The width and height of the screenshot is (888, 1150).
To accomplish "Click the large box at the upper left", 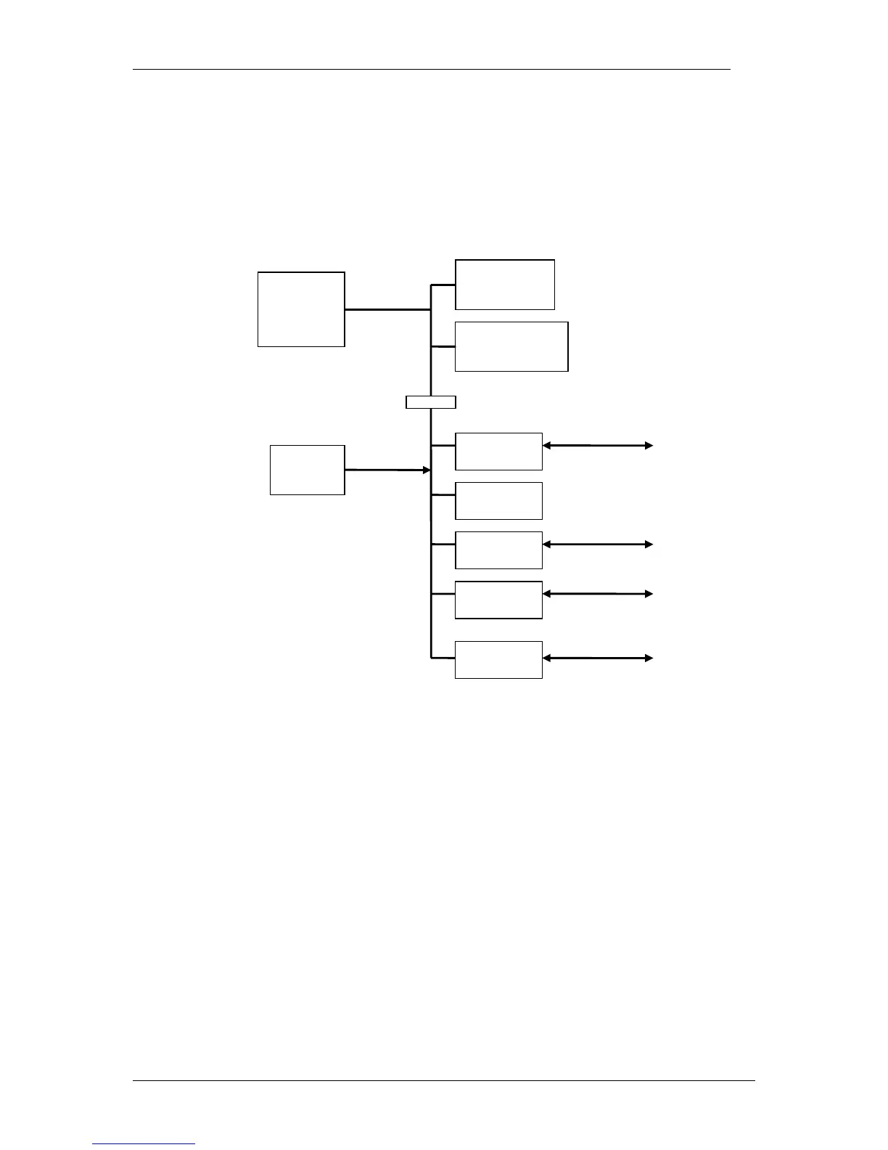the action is click(x=301, y=309).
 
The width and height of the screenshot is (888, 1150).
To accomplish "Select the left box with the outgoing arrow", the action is click(x=307, y=470).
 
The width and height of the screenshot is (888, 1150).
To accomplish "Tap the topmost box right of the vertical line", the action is click(x=504, y=285).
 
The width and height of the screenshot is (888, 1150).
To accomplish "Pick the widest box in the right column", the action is click(x=511, y=346).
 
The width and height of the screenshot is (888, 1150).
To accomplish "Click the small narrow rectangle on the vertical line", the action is click(x=431, y=402).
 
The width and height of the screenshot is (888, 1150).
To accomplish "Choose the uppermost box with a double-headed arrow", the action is click(x=498, y=451).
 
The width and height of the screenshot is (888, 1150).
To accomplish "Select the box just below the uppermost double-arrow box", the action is click(x=498, y=501).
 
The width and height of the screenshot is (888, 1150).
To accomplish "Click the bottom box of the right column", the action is click(x=498, y=659).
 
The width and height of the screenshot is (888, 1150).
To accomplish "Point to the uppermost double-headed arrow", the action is click(x=598, y=446).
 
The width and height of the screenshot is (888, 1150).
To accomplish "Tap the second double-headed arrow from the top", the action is click(x=598, y=544).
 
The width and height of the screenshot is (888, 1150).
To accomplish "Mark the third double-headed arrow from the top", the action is click(x=598, y=594).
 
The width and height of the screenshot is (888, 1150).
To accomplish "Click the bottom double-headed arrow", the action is click(x=598, y=658).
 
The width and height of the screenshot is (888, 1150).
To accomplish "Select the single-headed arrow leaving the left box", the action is click(x=385, y=470).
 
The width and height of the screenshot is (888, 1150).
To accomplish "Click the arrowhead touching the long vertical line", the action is click(x=427, y=470).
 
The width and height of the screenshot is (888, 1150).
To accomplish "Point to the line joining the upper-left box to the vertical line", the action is click(x=387, y=309).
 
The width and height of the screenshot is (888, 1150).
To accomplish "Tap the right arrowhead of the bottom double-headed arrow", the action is click(x=649, y=658).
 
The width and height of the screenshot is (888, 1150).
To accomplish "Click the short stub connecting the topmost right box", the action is click(x=443, y=285).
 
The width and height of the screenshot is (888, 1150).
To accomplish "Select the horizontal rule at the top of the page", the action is click(x=431, y=70).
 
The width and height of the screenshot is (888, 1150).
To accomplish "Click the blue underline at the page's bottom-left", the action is click(x=144, y=1144).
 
